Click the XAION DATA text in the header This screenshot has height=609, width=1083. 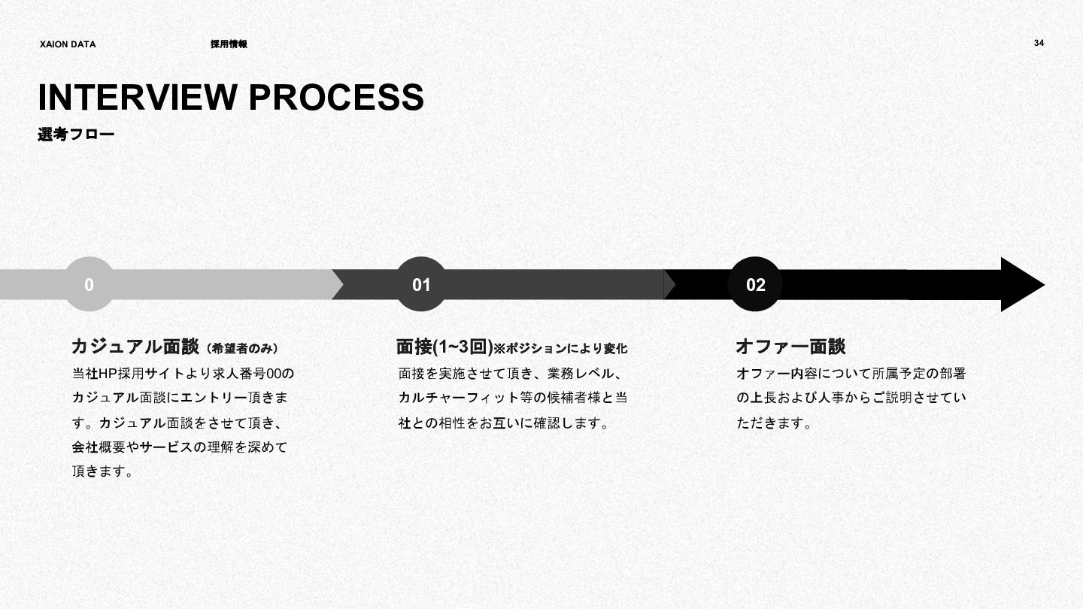[x=68, y=44]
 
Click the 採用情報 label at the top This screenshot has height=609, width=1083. [x=229, y=44]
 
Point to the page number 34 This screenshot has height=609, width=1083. [x=1039, y=43]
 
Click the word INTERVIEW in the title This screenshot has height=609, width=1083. [x=136, y=98]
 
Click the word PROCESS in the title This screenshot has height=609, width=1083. [x=335, y=98]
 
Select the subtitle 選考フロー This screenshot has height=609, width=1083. [x=76, y=135]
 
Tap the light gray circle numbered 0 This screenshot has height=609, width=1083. [x=89, y=285]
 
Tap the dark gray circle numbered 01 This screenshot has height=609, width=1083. [x=421, y=285]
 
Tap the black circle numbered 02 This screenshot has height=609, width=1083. [x=755, y=285]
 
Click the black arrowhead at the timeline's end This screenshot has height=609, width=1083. [x=1019, y=285]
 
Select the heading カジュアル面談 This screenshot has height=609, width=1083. [x=135, y=347]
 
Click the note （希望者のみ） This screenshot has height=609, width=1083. [x=242, y=349]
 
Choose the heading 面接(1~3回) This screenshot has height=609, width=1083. [x=444, y=347]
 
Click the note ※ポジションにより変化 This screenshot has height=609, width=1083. [x=560, y=349]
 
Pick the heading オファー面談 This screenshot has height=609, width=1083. [x=790, y=347]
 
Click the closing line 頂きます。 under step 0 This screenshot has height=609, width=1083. [x=103, y=472]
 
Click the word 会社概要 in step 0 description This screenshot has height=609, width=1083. [x=99, y=447]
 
